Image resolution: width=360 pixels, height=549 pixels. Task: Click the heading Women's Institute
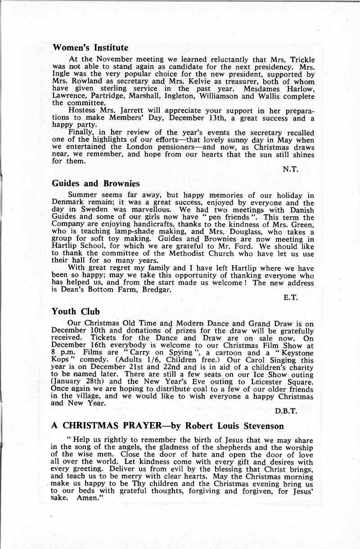tap(90, 48)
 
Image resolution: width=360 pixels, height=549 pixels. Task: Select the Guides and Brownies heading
tap(95, 184)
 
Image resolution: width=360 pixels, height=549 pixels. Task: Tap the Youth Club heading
tap(76, 311)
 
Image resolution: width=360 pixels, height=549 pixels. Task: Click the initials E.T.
tap(291, 297)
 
